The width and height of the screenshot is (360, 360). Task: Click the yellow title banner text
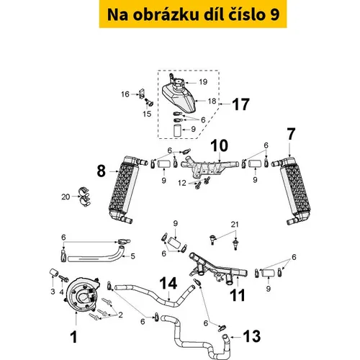coord(193,14)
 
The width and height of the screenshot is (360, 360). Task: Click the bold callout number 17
coord(241,104)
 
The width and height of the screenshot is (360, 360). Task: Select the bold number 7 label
coord(291,135)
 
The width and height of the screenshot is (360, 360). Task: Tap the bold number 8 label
coord(102,171)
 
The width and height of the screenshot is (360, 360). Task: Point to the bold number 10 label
coord(220,145)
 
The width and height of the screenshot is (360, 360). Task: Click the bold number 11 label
coord(238,295)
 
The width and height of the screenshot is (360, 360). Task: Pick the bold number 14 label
coord(168,283)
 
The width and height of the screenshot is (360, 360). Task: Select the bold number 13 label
coord(252,336)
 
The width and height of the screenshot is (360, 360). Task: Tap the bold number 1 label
coord(74,337)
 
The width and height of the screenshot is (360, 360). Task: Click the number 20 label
coord(66,197)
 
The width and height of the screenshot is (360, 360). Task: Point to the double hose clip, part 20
coord(84,197)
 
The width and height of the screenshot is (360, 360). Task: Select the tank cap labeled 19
coord(177,83)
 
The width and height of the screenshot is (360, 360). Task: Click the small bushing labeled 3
coord(54,273)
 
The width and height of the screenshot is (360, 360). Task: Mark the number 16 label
coord(125,94)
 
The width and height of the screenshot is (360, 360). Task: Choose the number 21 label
coord(235,225)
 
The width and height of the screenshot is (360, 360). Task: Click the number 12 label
coord(182,183)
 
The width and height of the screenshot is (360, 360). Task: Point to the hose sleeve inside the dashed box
coord(177,130)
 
